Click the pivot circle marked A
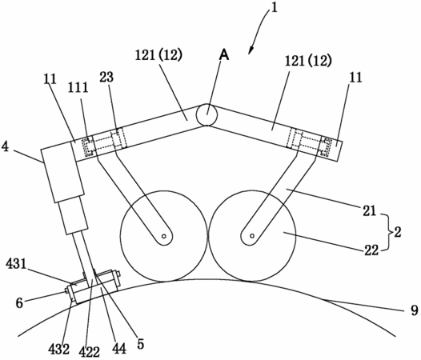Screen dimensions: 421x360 206,114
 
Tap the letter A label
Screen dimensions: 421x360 224,55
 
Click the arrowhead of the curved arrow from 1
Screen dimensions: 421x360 251,51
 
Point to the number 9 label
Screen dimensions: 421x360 415,310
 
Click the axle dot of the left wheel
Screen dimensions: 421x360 163,236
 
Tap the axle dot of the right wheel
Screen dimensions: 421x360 251,236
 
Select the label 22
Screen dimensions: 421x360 371,250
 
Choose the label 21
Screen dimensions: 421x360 370,211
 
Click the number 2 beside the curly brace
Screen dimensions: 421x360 398,232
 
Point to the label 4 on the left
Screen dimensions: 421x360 6,147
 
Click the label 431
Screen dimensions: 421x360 16,265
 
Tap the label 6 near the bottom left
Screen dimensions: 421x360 19,303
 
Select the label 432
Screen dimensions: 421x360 58,350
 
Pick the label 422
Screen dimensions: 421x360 90,352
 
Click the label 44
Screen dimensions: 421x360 118,349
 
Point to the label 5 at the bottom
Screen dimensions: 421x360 140,343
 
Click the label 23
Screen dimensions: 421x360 106,78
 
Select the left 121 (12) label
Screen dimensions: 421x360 158,55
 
